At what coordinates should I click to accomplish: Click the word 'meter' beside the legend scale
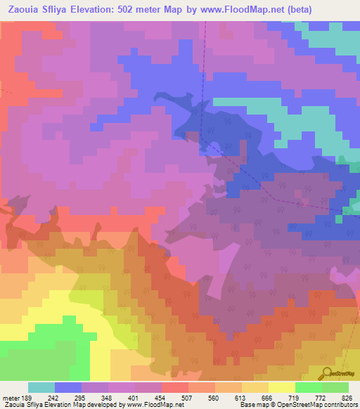pyautogui.click(x=11, y=396)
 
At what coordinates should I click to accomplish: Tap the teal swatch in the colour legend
pyautogui.click(x=41, y=387)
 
